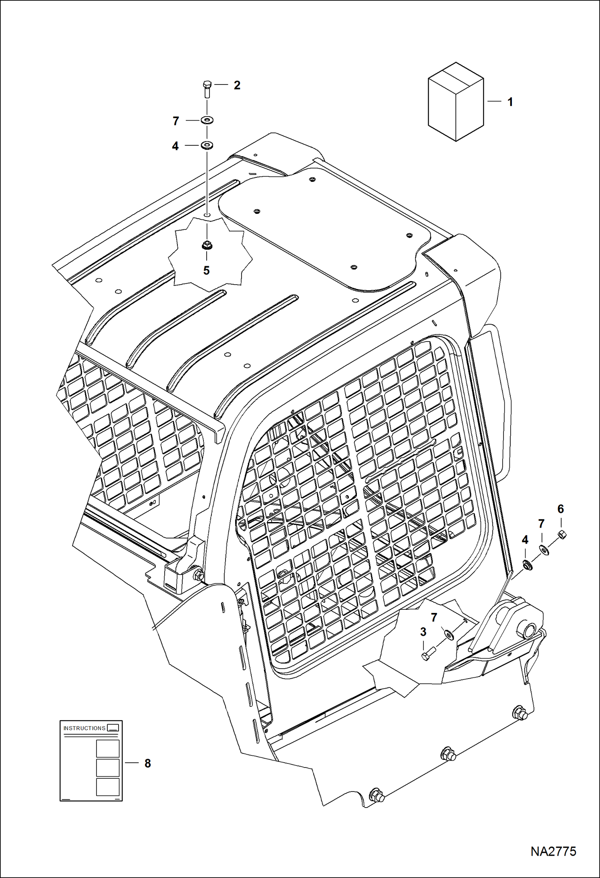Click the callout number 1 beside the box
pos(510,102)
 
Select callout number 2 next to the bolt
pos(237,85)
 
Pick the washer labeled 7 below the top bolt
pos(207,120)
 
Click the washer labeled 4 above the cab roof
pos(207,145)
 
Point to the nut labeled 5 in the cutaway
pos(207,245)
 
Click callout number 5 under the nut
pos(206,271)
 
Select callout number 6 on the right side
pos(560,509)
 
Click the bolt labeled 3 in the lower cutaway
pos(426,655)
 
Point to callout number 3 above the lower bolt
pos(423,632)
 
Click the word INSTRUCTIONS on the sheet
pos(85,728)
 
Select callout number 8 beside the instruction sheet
pos(148,763)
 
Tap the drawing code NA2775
pos(553,851)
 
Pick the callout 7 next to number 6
pos(541,524)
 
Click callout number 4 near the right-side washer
pos(525,540)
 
